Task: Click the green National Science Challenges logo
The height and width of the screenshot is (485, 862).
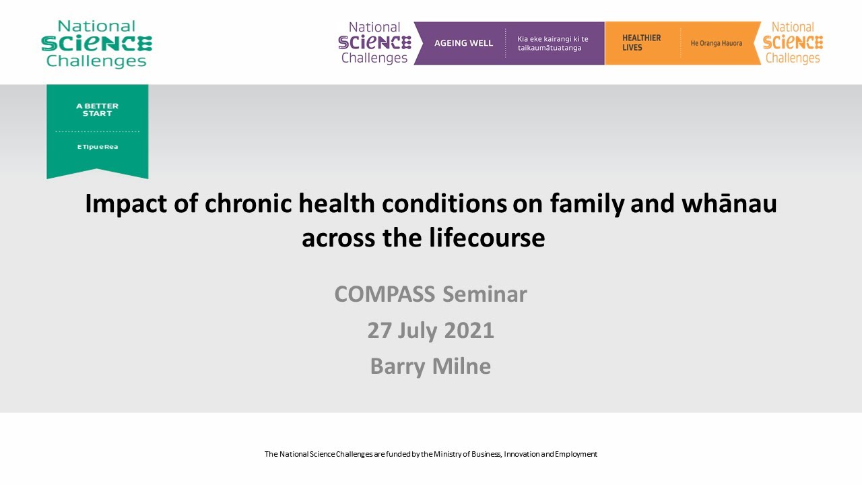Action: [96, 44]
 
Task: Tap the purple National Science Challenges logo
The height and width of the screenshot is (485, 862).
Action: [374, 43]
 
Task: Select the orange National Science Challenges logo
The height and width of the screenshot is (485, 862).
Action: [793, 43]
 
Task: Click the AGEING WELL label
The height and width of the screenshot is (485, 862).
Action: [463, 43]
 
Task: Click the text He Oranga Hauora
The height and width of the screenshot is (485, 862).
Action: [716, 43]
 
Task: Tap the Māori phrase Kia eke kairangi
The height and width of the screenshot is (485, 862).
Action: [552, 39]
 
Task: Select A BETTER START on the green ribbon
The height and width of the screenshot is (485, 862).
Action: [97, 110]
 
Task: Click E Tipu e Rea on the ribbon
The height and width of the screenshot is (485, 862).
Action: [97, 147]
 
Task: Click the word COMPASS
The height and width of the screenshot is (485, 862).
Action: [385, 294]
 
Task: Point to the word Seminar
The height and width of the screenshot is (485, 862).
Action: [485, 294]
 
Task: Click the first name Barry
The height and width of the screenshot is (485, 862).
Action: [399, 366]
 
